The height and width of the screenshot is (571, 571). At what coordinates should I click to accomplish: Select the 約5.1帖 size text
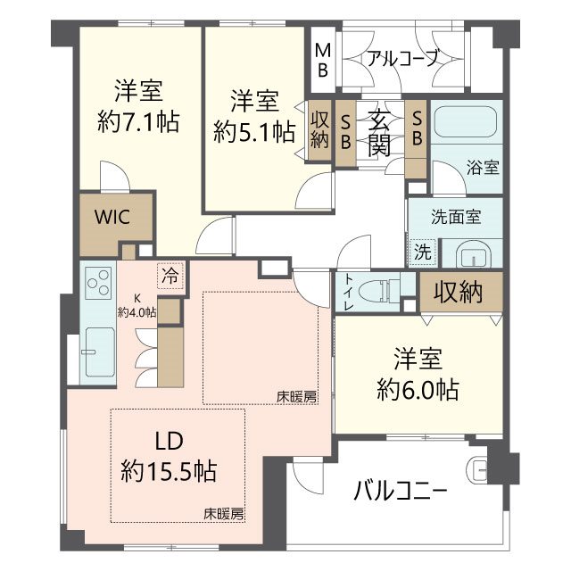(255, 132)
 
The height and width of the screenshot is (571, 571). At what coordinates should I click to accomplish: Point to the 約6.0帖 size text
(415, 389)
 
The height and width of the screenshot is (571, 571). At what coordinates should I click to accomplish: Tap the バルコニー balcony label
(400, 492)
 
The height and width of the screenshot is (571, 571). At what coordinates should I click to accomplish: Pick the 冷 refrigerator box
(170, 276)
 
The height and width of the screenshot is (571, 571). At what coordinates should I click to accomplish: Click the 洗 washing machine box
(421, 252)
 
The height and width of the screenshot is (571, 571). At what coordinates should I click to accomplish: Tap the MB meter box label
(321, 58)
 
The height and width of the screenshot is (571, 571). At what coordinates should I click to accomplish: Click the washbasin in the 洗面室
(471, 254)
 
